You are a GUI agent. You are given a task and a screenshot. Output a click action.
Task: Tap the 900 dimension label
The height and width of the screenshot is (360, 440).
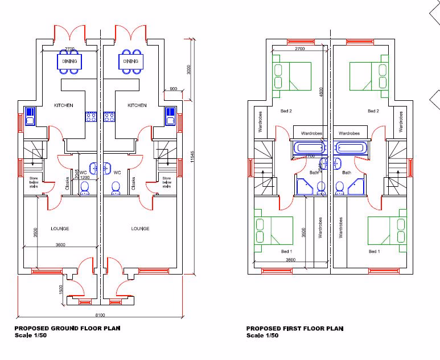(x=174, y=89)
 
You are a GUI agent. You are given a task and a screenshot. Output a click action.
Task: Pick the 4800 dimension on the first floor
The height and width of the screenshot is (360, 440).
(x=321, y=91)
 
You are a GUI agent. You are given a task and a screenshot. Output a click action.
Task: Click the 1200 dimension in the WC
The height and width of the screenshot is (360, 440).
(x=84, y=178)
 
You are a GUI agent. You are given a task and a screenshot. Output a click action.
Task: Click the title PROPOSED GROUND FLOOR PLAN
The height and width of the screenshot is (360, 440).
(x=67, y=328)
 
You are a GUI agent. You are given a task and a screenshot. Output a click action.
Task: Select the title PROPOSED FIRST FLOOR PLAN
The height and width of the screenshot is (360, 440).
(x=295, y=328)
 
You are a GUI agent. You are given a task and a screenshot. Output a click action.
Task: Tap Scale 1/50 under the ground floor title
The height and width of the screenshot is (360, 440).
(x=31, y=336)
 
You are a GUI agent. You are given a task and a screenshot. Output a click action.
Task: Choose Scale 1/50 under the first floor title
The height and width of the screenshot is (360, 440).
(x=262, y=336)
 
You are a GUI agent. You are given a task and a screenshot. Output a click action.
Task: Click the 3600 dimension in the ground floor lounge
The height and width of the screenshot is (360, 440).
(x=60, y=244)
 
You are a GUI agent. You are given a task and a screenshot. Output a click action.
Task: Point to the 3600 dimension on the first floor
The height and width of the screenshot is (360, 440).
(x=291, y=260)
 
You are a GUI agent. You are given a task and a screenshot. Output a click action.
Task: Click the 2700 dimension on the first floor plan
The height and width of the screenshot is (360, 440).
(x=299, y=48)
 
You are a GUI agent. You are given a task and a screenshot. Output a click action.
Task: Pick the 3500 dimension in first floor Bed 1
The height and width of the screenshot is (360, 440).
(x=304, y=232)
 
